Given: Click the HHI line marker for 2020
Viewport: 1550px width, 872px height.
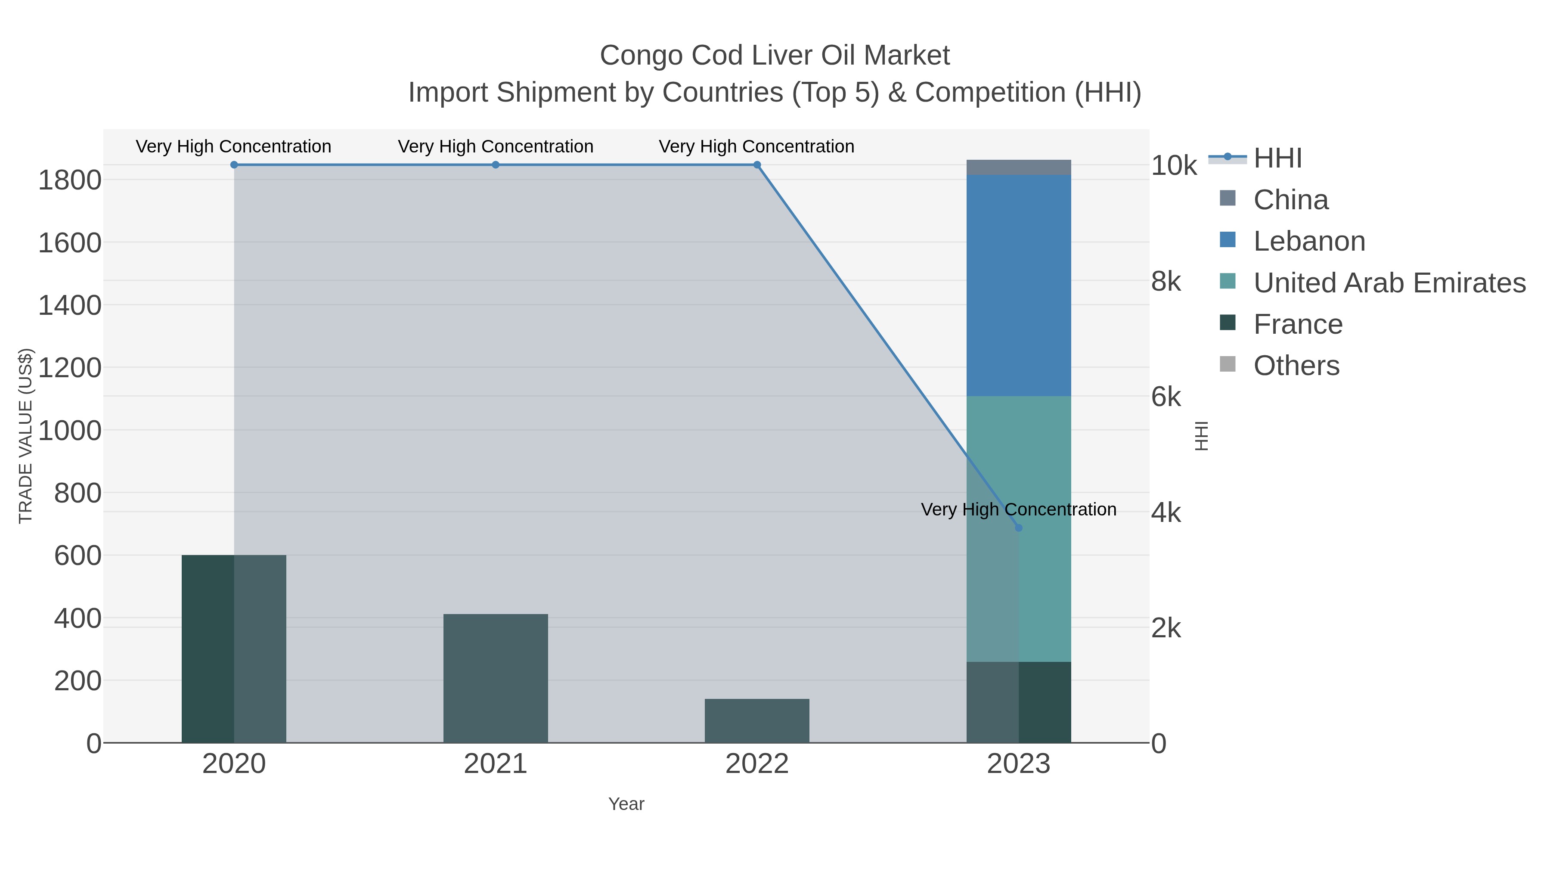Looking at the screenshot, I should (x=234, y=164).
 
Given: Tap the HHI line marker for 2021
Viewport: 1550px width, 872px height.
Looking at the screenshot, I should (x=495, y=164).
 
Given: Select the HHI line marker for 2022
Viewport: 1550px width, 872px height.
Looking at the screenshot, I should (x=757, y=164).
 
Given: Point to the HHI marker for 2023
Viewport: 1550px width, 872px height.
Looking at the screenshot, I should (x=1018, y=528).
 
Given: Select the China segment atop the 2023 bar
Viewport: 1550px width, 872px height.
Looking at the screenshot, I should (x=1018, y=168).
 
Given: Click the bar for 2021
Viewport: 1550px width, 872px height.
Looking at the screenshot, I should (x=495, y=678).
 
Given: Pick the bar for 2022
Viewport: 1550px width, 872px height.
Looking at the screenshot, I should (x=757, y=720).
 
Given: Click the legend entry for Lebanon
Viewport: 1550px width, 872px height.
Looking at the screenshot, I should (x=1309, y=241).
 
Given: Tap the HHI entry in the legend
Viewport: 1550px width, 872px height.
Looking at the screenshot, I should (x=1277, y=158).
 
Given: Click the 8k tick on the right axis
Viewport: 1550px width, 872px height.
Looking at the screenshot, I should (x=1166, y=282).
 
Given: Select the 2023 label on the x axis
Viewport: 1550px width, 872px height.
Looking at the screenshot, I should (x=1018, y=763).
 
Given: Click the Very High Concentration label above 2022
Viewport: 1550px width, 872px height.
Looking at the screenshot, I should (x=756, y=146).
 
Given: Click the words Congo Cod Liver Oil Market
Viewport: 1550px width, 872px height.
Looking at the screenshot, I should (x=775, y=56).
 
